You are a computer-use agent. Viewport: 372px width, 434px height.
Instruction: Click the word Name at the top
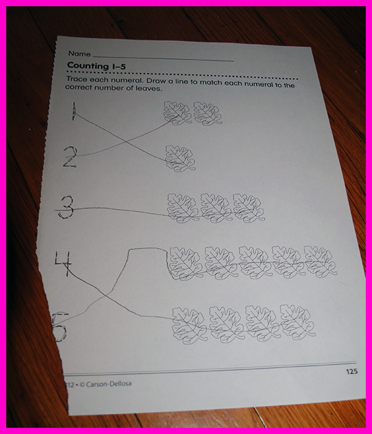(x=79, y=54)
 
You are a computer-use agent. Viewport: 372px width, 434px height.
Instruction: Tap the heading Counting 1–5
(x=96, y=66)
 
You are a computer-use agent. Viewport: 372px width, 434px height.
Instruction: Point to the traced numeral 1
(x=74, y=111)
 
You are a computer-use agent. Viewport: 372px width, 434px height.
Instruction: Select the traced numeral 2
(x=70, y=157)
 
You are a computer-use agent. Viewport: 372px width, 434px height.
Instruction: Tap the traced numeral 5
(x=60, y=327)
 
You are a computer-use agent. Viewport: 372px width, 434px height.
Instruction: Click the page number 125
(x=352, y=371)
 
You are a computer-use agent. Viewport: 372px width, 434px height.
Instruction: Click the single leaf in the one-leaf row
(x=180, y=158)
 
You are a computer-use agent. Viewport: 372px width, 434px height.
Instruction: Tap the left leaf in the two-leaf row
(x=177, y=113)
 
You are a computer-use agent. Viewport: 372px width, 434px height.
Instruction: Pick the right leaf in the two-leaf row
(x=208, y=113)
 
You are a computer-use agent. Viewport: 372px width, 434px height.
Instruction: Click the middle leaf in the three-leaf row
(x=216, y=208)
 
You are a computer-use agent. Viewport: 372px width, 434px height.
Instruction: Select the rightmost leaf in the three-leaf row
(x=249, y=208)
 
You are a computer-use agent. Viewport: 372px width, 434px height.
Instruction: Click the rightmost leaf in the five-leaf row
(x=321, y=261)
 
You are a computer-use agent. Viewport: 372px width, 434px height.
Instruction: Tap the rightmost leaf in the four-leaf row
(x=298, y=322)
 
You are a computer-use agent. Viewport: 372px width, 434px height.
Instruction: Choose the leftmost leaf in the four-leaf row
(x=190, y=325)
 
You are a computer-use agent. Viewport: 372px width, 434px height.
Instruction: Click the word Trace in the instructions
(x=76, y=79)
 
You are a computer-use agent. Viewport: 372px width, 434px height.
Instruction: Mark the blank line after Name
(x=163, y=58)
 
